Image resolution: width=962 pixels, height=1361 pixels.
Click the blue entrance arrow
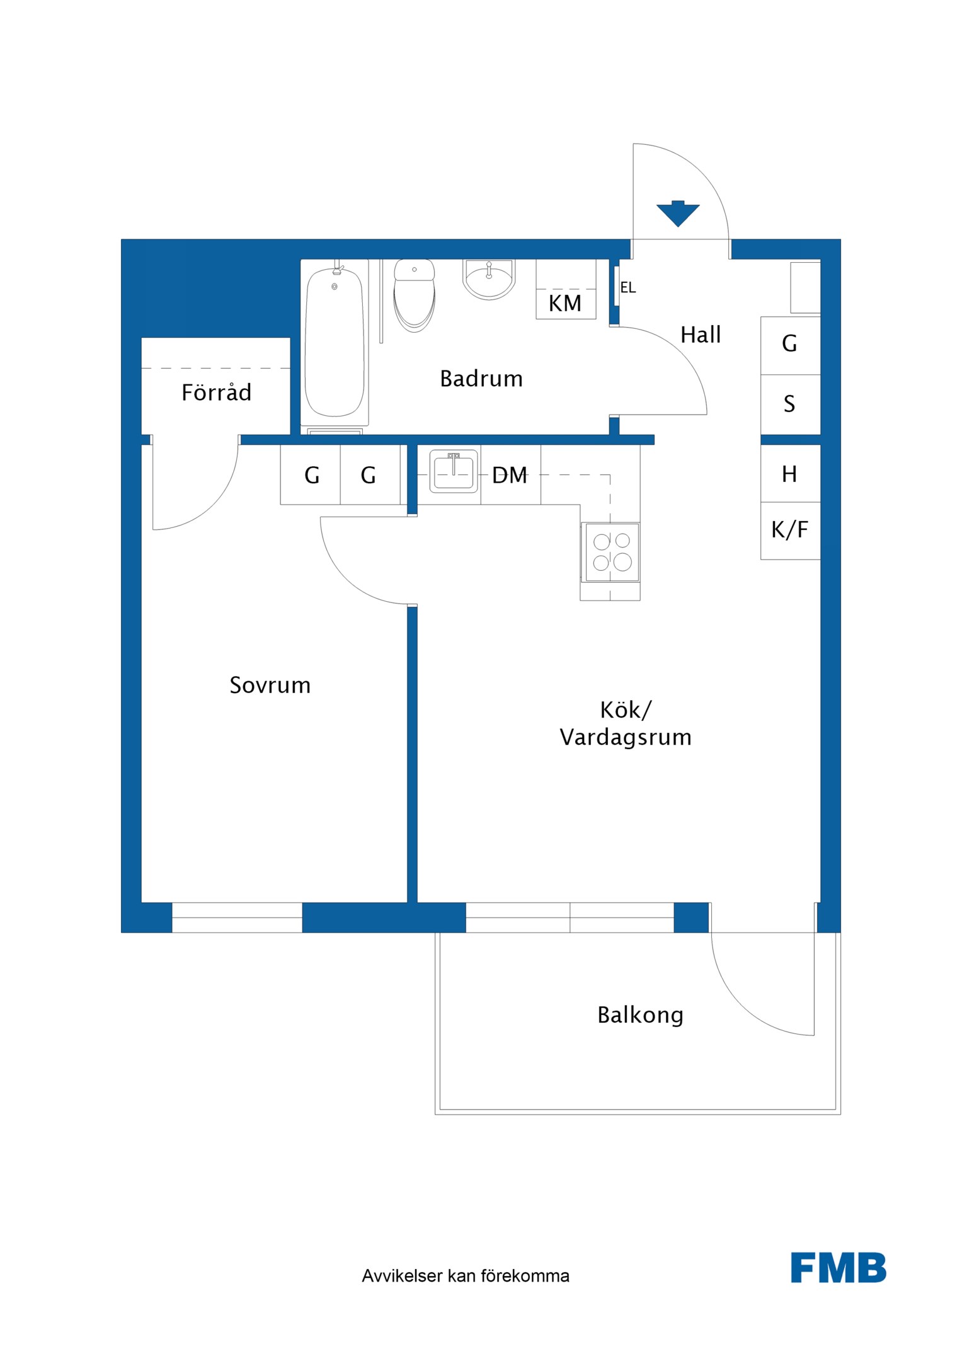677,213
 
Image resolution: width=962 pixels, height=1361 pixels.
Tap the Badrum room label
481,379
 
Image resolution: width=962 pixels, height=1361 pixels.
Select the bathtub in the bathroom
335,342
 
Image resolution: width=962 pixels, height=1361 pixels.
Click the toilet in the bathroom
414,296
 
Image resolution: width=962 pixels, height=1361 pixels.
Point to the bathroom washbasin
489,279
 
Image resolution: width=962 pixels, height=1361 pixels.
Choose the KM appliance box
566,289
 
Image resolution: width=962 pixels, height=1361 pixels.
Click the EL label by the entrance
628,288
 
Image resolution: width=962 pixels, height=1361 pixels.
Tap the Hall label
701,335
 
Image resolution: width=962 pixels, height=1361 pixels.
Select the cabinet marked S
791,404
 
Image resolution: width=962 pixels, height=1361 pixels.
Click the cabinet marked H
791,473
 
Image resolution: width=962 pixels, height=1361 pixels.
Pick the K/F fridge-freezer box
791,531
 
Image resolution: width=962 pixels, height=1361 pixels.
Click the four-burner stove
610,551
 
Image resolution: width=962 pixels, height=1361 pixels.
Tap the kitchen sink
453,471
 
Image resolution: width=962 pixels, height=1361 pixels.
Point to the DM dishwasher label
510,475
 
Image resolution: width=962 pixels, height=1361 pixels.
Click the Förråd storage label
216,392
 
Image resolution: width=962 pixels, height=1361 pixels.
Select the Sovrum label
270,685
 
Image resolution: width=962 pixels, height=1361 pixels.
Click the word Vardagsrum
625,738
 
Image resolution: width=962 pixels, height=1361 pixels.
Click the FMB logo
839,1268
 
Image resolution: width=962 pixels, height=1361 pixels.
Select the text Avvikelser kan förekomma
466,1276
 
